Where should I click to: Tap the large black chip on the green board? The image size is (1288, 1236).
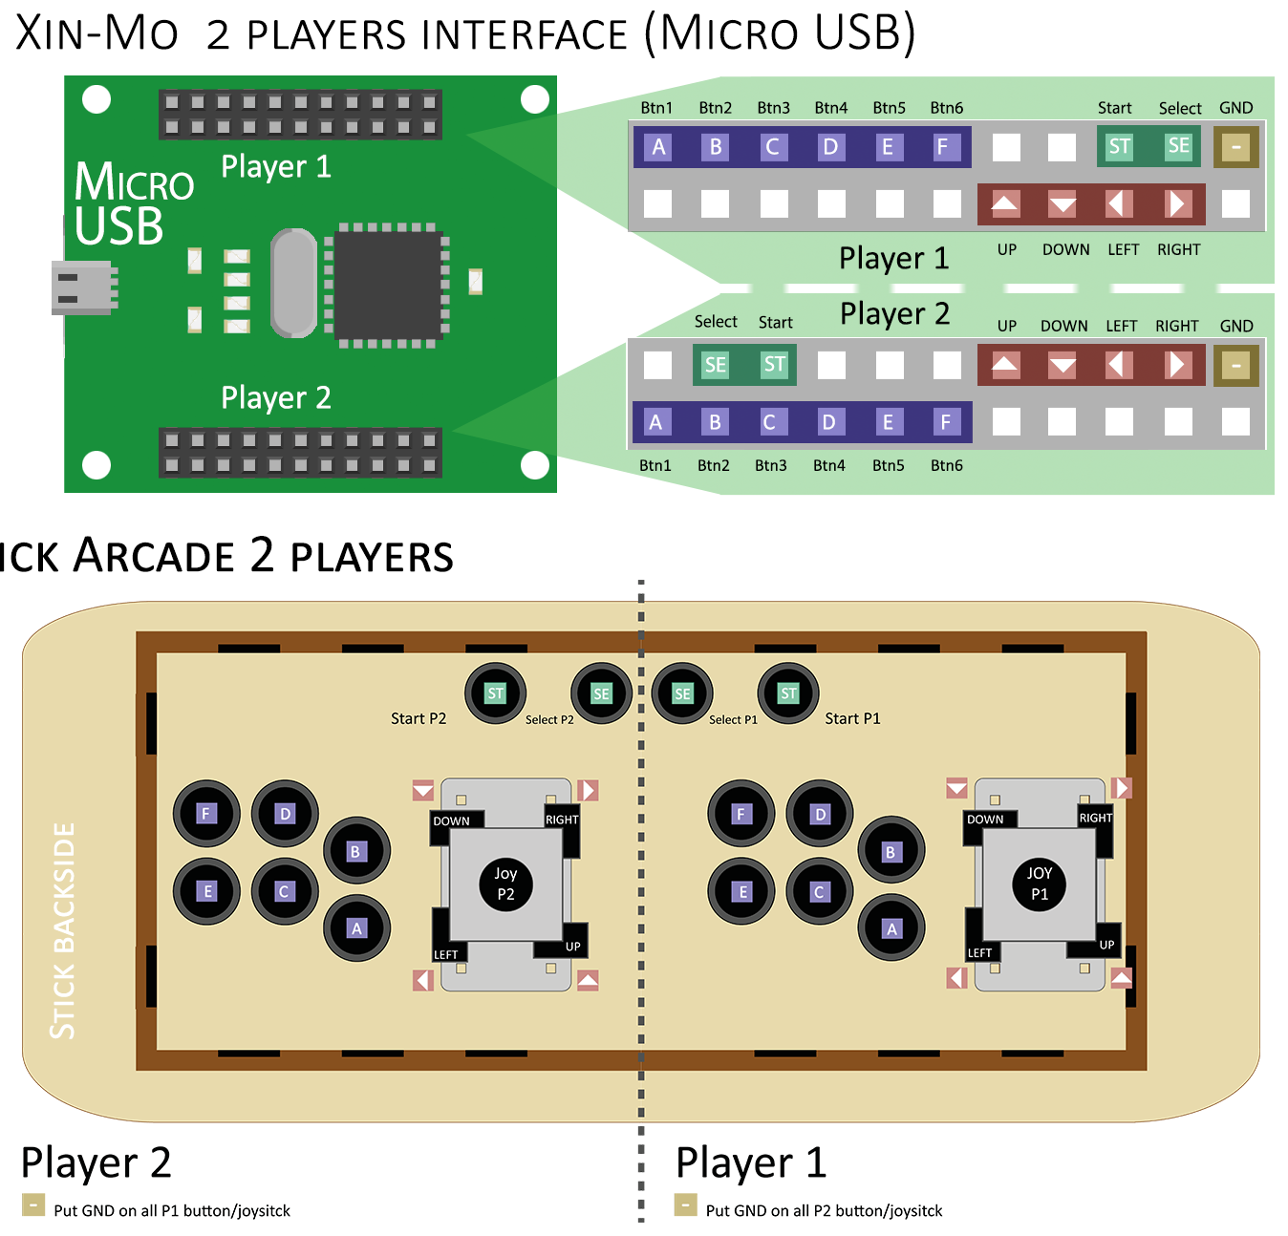click(386, 285)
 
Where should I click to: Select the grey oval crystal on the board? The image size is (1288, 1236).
click(293, 283)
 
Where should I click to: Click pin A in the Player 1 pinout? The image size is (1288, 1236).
click(658, 147)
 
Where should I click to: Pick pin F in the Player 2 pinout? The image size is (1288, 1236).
click(945, 422)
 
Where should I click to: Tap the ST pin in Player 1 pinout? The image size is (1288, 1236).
click(1119, 147)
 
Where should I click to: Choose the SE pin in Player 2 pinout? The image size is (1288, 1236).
click(715, 365)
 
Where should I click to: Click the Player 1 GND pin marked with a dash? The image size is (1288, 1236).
click(1235, 148)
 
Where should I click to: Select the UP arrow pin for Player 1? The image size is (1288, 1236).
click(1005, 203)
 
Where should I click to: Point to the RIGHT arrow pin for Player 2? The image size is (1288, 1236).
click(1177, 365)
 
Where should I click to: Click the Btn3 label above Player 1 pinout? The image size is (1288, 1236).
click(773, 108)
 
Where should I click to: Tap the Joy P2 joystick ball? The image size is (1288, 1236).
click(505, 884)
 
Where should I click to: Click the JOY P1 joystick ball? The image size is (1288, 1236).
click(1039, 884)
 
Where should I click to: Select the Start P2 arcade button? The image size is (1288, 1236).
click(495, 693)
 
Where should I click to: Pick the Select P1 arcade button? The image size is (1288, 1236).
click(682, 693)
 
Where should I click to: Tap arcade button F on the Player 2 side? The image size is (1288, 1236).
click(205, 814)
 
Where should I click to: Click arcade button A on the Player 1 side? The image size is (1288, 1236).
click(891, 928)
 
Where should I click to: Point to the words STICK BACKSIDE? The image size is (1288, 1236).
click(63, 930)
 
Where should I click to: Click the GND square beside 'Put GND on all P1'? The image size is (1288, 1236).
click(33, 1204)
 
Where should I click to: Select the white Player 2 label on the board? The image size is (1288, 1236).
click(275, 397)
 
